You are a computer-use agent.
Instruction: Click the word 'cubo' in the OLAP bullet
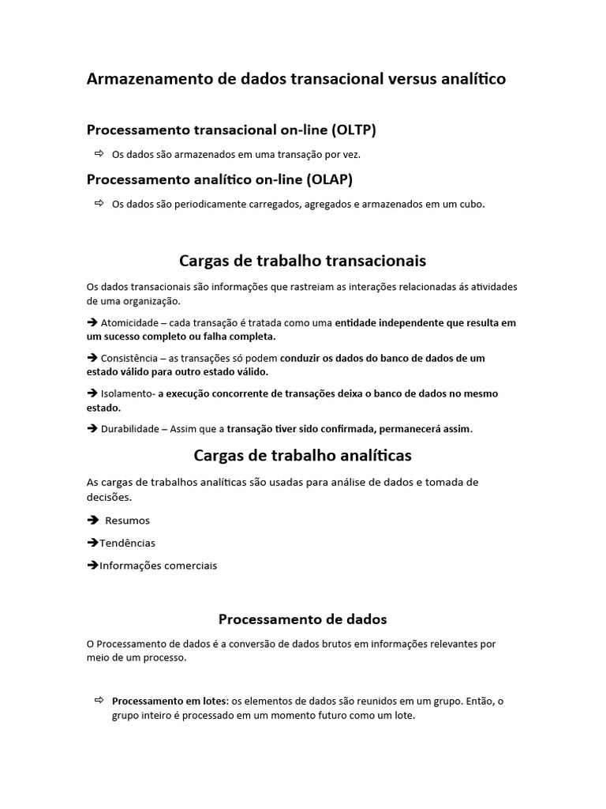(x=471, y=205)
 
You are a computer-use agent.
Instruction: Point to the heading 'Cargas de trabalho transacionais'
(x=303, y=261)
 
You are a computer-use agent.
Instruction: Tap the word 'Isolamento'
(x=127, y=393)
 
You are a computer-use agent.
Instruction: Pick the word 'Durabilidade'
(x=131, y=429)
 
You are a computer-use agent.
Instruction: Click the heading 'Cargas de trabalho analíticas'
(x=302, y=456)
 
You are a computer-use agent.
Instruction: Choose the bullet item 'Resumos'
(x=127, y=521)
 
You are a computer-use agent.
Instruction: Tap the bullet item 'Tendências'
(x=127, y=543)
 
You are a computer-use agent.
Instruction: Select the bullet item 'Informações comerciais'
(x=158, y=566)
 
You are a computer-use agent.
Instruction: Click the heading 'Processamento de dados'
(x=302, y=619)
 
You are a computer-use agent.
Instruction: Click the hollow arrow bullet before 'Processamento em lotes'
(x=99, y=700)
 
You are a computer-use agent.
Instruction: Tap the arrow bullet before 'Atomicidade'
(x=92, y=323)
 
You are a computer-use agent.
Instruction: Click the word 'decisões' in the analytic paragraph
(x=108, y=498)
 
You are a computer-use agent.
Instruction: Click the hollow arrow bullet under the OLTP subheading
(x=99, y=153)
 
